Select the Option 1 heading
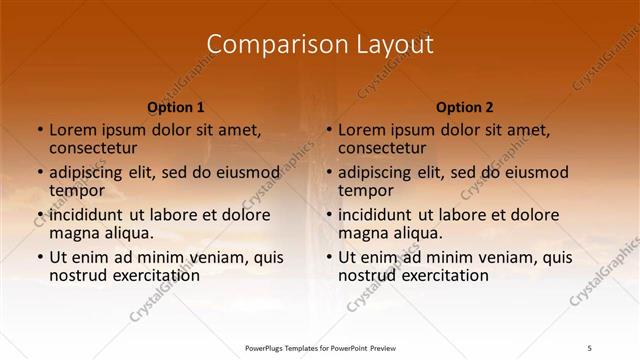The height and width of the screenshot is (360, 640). point(176,107)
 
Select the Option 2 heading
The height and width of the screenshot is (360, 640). point(465,107)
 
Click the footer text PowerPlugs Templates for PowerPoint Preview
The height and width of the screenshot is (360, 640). point(320,349)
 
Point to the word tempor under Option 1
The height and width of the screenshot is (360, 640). point(74,190)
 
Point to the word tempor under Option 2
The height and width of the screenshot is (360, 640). point(363,190)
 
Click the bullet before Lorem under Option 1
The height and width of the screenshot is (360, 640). point(39,130)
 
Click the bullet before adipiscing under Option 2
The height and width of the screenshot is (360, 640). point(328,172)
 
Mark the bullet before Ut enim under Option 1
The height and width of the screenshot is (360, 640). point(39,257)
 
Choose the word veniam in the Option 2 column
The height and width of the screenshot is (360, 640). point(512,257)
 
